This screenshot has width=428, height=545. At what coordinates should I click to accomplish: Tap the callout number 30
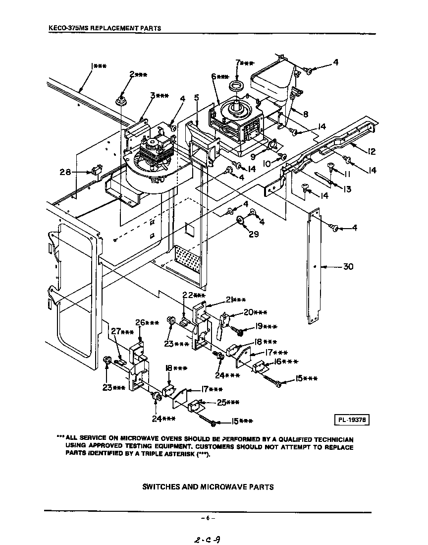(348, 267)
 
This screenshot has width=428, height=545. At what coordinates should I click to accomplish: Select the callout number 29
(253, 234)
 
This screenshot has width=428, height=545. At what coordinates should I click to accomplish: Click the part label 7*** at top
(245, 63)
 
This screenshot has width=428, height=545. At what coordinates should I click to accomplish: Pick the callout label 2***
(138, 74)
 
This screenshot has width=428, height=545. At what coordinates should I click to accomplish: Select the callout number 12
(372, 152)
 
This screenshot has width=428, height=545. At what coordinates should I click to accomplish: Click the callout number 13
(346, 189)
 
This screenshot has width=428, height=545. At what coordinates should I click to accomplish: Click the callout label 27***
(122, 332)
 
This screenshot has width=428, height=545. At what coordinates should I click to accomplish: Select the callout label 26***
(147, 323)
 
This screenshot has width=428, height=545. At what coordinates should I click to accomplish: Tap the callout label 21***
(236, 300)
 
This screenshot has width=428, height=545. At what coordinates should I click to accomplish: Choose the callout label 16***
(286, 362)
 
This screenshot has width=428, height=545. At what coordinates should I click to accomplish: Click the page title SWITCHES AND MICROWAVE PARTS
(208, 486)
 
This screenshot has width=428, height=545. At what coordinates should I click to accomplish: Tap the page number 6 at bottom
(208, 518)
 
